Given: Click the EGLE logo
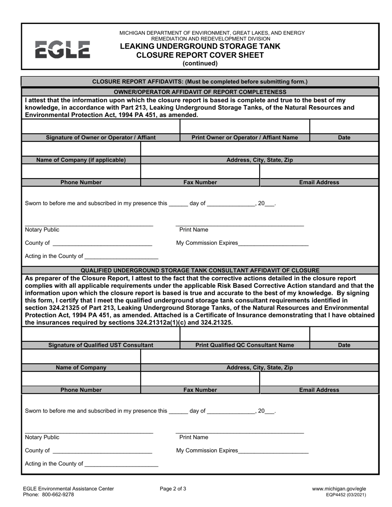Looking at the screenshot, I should [x=62, y=49].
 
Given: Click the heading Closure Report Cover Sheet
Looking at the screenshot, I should [x=200, y=55].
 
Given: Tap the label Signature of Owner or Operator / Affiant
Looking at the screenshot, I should [x=101, y=137].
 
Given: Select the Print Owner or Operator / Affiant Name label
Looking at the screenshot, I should [x=245, y=137].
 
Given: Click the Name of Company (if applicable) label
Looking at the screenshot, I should [x=81, y=160].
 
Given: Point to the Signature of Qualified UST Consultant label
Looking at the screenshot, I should [x=101, y=345].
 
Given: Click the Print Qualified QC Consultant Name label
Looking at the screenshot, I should [x=245, y=345].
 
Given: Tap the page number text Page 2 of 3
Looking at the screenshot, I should [x=173, y=489].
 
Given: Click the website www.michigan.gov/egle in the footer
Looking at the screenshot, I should [x=339, y=489].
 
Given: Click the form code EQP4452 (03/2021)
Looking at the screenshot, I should [x=345, y=495].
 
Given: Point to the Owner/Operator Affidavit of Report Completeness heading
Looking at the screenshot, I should [x=200, y=92].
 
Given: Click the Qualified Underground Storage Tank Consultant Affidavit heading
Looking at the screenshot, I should [x=200, y=270].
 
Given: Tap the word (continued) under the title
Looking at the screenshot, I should [x=200, y=63].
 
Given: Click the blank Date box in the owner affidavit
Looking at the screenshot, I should [x=344, y=126].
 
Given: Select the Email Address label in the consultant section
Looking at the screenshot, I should [x=319, y=390].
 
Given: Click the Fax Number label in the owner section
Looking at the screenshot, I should [x=200, y=182].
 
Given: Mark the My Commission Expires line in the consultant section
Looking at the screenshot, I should [x=273, y=451].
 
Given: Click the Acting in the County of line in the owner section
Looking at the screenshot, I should [x=120, y=256].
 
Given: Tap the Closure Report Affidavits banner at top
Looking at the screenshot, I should [x=200, y=82].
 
